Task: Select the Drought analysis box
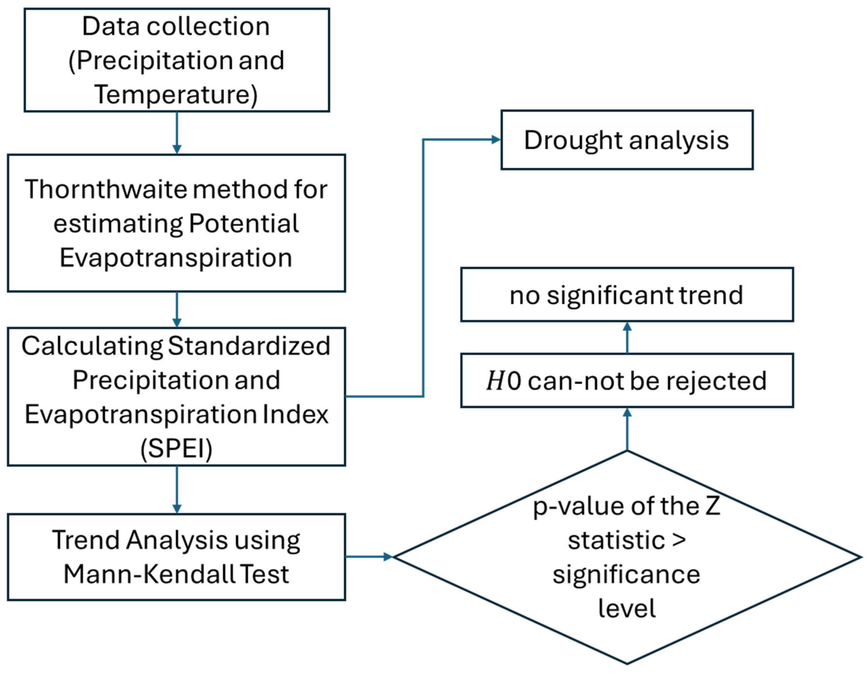tap(627, 140)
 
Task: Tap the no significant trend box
tap(627, 295)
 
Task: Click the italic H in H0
tap(495, 381)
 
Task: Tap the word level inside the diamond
tap(627, 608)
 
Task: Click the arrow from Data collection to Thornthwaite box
tap(177, 133)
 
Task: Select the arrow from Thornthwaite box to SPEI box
tap(177, 310)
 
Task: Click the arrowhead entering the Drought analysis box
tap(496, 139)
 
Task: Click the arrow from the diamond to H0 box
tap(627, 429)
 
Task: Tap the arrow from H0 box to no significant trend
tap(627, 338)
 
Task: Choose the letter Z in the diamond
tap(713, 506)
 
